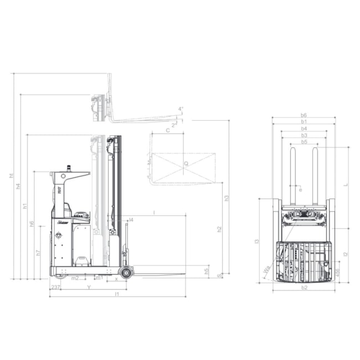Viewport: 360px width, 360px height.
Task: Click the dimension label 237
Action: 55,287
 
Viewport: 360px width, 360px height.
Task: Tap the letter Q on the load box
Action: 186,163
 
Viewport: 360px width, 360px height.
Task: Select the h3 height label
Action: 226,198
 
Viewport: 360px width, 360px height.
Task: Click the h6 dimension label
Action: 32,224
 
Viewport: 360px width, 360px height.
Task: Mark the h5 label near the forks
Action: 207,271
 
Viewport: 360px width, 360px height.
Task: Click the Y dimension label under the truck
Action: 89,287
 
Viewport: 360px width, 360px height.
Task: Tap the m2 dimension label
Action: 75,277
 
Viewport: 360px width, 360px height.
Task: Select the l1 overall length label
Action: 116,295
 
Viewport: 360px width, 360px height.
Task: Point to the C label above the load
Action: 168,130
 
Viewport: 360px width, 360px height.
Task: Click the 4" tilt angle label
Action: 181,109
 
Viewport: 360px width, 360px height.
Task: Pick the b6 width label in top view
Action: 304,115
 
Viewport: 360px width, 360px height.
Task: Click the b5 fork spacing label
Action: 304,142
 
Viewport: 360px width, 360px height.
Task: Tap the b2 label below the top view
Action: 304,288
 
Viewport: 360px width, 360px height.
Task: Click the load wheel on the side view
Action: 127,272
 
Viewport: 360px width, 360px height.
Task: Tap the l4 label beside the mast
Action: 131,220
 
